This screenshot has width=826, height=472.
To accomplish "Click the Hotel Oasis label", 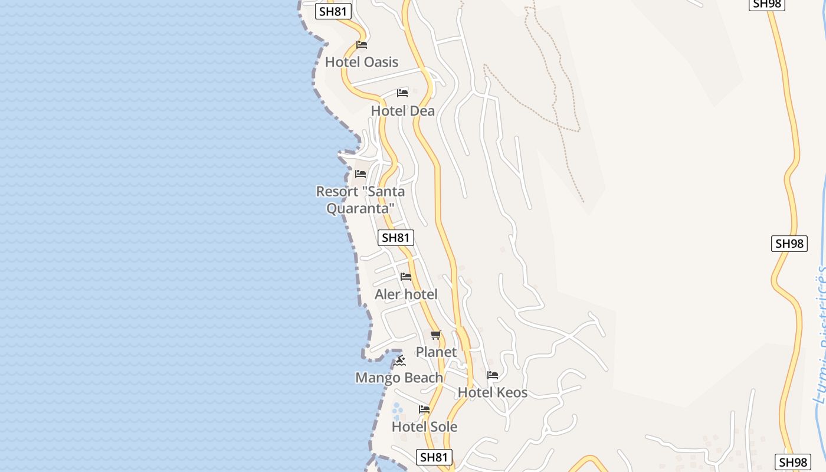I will point(362,62).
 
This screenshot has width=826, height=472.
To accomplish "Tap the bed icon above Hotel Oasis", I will point(362,45).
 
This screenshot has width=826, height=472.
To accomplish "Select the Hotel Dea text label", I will point(402,111).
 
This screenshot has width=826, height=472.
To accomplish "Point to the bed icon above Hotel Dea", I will point(402,93).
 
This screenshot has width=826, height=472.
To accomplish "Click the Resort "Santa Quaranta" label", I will point(360,200).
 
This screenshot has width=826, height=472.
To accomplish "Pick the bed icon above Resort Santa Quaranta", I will point(360,174).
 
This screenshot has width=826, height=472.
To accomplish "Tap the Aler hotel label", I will point(406,294).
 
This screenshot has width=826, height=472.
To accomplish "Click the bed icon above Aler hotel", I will point(406,276).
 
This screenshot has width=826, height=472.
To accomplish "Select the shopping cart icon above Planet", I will point(436,335).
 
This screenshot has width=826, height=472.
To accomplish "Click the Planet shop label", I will point(436,352).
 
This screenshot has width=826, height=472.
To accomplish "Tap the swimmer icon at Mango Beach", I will point(400,360).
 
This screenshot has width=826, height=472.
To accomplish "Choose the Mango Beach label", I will point(399,378).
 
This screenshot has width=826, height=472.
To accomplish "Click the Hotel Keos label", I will point(493,392).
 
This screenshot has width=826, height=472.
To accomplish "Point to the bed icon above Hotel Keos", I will point(493,375).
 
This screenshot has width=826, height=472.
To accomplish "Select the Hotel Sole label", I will point(424,427).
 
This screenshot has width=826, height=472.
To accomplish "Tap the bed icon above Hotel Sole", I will point(424,409).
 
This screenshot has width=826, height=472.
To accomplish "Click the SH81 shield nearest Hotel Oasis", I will point(333,11).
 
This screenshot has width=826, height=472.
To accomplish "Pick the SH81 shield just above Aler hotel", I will point(395,238).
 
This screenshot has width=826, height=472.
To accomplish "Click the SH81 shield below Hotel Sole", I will point(434,457).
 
